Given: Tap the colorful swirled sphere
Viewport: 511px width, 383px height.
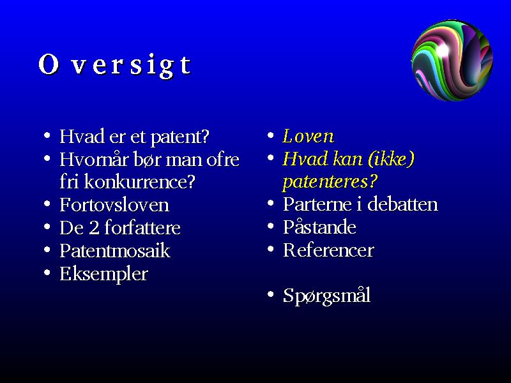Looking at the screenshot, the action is coord(452,60).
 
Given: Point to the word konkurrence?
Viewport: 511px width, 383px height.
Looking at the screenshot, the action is coord(139,182).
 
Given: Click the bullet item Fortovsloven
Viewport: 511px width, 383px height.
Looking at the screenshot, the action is coord(114,205).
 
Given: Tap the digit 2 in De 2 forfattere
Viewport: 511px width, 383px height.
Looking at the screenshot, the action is coord(94,228).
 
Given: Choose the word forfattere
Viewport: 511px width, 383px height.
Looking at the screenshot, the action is coord(142,227).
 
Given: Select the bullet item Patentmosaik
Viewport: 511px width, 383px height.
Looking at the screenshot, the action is coord(115,251).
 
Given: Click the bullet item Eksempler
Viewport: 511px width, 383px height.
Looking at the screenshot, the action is coord(103,274).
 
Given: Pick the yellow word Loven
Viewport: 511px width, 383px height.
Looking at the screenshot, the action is coord(309,136).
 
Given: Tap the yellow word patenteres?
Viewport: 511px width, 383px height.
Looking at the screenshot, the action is coord(330,182).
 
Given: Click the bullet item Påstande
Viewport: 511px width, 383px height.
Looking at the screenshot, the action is coord(319,227).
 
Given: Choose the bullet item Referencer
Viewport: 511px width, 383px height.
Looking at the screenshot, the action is coord(328,250).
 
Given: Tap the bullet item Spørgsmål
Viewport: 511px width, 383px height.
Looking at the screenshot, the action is coord(326,296).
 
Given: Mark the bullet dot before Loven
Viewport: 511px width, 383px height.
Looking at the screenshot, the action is coord(270,135).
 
